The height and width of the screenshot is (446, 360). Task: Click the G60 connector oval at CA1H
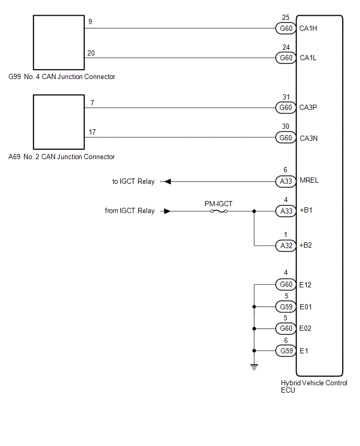286,28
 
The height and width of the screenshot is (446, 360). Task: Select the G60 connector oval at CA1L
286,58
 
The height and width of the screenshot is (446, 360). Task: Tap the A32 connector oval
286,246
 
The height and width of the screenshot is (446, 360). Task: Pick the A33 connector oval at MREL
286,182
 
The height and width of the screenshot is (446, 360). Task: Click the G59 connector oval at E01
286,307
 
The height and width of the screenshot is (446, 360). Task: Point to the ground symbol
254,366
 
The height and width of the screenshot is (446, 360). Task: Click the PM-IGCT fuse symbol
218,211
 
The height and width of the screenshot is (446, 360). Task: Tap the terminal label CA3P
308,108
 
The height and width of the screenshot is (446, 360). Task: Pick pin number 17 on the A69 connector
92,132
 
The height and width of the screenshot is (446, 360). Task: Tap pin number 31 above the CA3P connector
286,97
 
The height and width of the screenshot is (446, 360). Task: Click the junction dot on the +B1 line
254,211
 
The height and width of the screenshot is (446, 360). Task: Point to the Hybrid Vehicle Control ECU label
313,386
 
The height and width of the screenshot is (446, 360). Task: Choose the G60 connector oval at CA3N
286,138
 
